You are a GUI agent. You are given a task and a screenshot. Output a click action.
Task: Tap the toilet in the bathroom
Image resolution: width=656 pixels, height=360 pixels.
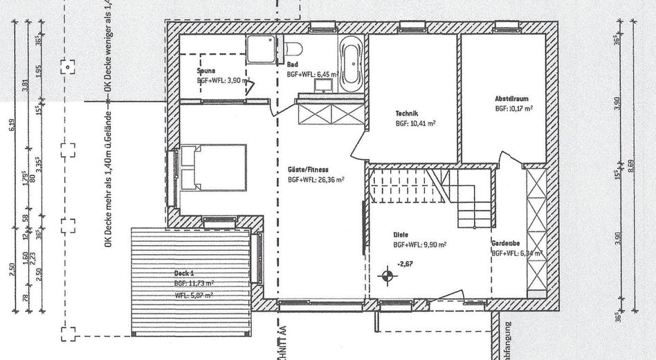pos(292,50)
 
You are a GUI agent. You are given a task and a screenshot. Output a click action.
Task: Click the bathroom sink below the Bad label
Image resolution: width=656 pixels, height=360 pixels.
pos(323,87)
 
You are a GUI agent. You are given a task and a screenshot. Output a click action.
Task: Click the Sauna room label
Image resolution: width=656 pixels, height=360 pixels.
pos(206,70)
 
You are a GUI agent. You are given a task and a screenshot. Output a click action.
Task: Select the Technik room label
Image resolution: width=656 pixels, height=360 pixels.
pos(406,114)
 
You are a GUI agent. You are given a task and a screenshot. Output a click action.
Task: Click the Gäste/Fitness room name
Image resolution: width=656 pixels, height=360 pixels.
pos(308,169)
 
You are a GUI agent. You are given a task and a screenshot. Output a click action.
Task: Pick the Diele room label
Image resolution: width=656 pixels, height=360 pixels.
pos(401,235)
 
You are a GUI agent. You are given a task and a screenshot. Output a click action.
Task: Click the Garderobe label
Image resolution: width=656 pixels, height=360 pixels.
pos(506,244)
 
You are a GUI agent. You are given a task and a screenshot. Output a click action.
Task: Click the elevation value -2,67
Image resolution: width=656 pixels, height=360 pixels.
pos(406,263)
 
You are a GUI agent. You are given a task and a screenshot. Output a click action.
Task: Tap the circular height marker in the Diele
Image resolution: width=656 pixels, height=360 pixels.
pos(387,276)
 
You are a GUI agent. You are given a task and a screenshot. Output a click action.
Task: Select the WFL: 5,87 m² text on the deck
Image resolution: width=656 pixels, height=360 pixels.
pos(193,295)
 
